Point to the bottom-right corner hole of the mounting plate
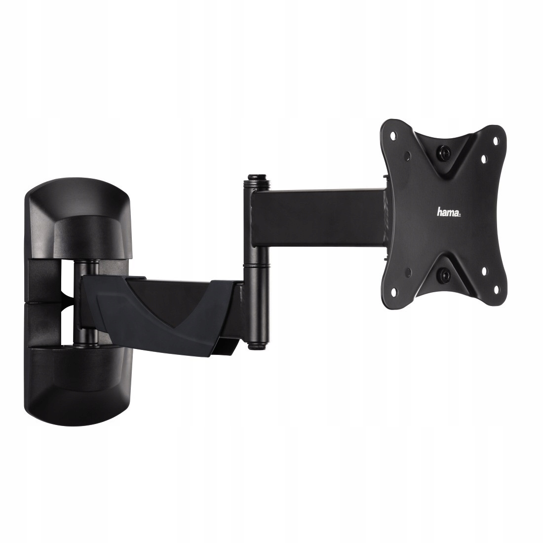click(495, 287)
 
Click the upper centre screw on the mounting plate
click(445, 152)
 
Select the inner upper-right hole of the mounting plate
click(484, 158)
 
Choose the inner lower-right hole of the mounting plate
click(484, 270)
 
